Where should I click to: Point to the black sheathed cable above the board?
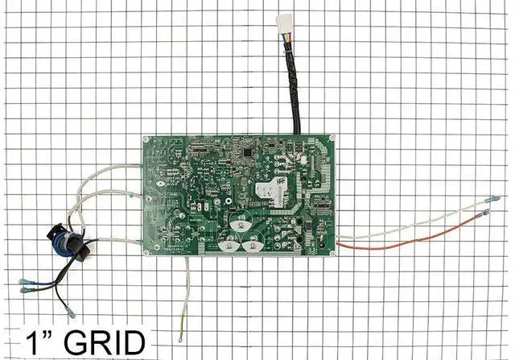click(x=294, y=89)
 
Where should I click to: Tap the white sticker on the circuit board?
click(x=269, y=189)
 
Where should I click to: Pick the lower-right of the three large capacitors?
click(x=252, y=239)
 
